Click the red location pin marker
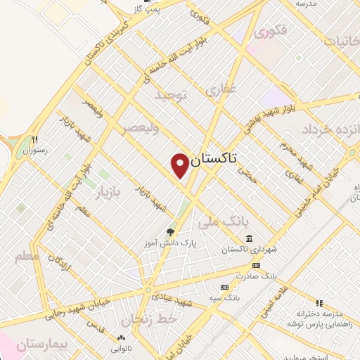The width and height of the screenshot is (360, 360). [180, 165]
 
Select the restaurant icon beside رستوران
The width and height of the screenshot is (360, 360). [34, 139]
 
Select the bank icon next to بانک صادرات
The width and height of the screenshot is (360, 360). [255, 265]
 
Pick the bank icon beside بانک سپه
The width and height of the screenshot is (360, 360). [224, 287]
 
